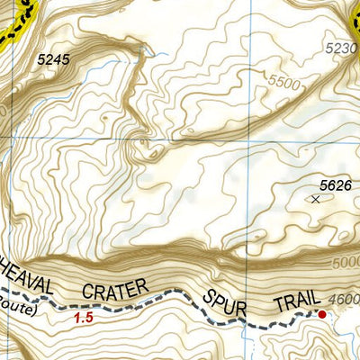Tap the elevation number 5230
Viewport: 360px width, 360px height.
click(341, 48)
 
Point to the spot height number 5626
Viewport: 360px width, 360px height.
click(335, 185)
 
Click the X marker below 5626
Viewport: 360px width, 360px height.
click(315, 199)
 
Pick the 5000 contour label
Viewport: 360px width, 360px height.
click(345, 263)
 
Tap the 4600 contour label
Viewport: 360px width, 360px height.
click(345, 299)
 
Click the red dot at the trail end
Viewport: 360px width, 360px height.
click(321, 314)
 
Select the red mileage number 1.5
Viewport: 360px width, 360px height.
click(83, 317)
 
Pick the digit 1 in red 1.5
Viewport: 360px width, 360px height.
click(77, 317)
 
